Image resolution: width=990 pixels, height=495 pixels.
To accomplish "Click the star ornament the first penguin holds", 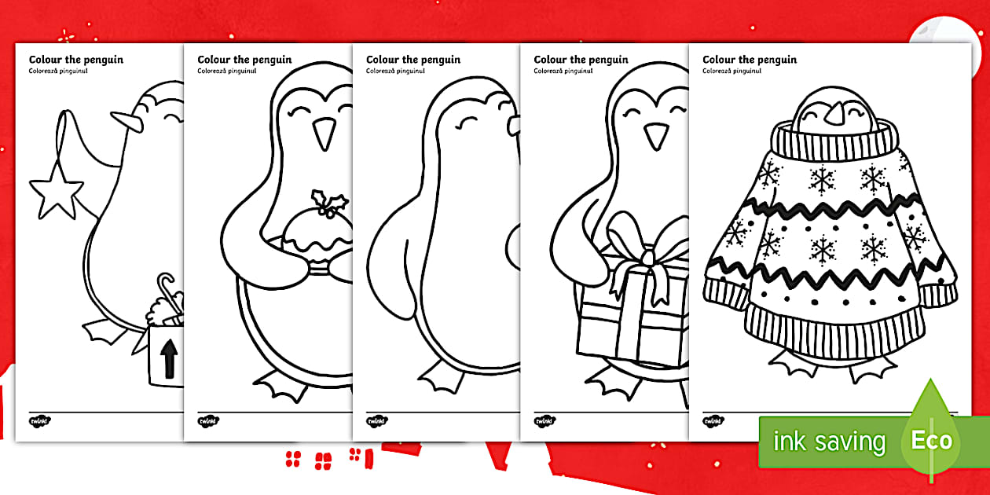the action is (x=56, y=192).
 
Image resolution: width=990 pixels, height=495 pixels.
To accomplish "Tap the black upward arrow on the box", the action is (x=169, y=358).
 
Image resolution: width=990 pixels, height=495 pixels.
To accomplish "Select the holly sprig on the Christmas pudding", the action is (x=329, y=203).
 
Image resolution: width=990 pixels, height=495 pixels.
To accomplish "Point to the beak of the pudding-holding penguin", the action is (x=324, y=134).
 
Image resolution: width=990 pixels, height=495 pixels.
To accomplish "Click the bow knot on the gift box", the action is (x=648, y=257).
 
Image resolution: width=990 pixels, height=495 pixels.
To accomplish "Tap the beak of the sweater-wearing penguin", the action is (x=835, y=113).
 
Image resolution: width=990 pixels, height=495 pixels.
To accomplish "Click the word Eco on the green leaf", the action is (x=931, y=440).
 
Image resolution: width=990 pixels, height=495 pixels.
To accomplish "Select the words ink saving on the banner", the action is (x=829, y=442).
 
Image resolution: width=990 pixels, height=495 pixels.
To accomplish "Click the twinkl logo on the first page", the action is (x=40, y=421).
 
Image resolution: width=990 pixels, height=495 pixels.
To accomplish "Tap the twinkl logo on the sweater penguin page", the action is (x=713, y=421).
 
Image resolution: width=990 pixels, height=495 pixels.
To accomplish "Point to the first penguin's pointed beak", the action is (x=126, y=122).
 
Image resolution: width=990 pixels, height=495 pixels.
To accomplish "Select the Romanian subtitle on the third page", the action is (x=395, y=71).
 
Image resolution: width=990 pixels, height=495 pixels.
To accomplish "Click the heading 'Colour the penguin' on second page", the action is (x=244, y=59).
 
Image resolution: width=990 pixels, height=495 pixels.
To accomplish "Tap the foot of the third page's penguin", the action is (x=441, y=377).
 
